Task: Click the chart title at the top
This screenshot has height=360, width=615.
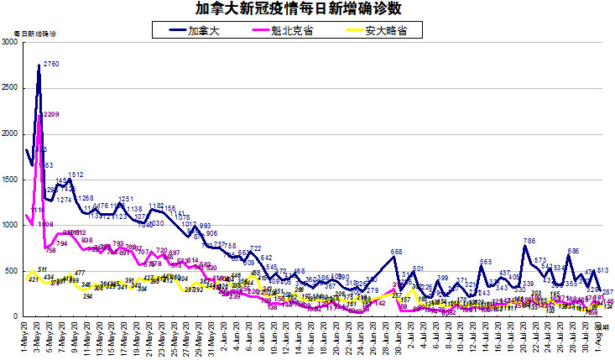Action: pyautogui.click(x=306, y=9)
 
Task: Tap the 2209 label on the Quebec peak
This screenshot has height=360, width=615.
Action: pyautogui.click(x=50, y=114)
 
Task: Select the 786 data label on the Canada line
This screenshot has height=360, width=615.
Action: pyautogui.click(x=529, y=241)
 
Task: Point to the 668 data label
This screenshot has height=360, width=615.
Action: pyautogui.click(x=397, y=252)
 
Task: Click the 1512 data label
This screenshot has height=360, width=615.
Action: pyautogui.click(x=76, y=175)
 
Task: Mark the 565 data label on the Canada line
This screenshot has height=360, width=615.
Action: pyautogui.click(x=486, y=262)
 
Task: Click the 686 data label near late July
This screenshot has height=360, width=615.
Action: pyautogui.click(x=574, y=250)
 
